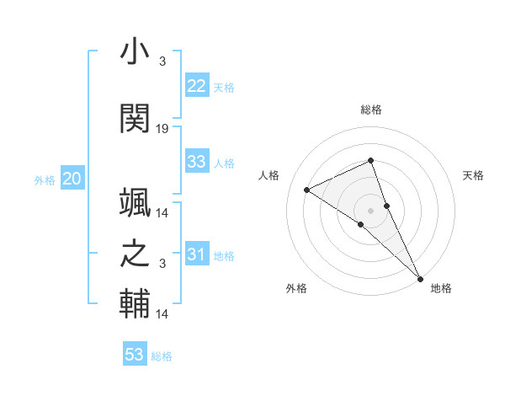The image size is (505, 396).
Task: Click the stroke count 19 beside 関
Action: (162, 129)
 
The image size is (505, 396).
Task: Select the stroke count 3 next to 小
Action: (162, 62)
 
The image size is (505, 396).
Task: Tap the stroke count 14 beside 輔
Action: (162, 314)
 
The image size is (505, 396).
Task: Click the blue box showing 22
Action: (197, 86)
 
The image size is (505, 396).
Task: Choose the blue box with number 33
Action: (197, 162)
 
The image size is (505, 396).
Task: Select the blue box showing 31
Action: (197, 254)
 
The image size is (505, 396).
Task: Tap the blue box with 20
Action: (72, 179)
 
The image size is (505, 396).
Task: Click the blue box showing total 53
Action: (135, 355)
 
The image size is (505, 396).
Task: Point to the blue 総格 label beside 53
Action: (162, 356)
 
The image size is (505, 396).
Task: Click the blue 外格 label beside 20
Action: (45, 180)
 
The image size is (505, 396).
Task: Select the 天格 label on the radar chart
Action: (474, 175)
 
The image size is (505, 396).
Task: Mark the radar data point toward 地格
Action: (420, 278)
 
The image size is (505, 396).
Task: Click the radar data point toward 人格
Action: (307, 190)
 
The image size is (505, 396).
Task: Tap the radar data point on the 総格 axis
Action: (370, 160)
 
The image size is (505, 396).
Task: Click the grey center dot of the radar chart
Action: (370, 210)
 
